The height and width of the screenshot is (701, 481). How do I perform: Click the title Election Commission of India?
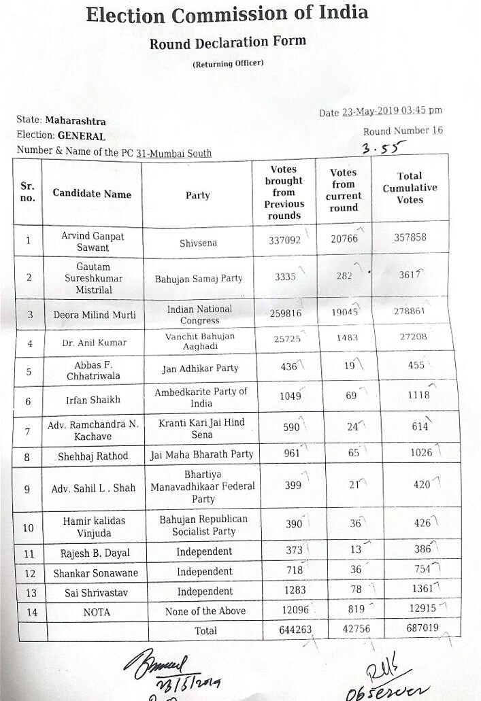pyautogui.click(x=227, y=14)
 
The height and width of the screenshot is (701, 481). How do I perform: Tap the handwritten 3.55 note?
pyautogui.click(x=384, y=147)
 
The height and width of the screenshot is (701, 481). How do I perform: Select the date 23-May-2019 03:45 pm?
pyautogui.click(x=392, y=111)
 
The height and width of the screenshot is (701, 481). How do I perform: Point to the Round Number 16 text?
pyautogui.click(x=403, y=131)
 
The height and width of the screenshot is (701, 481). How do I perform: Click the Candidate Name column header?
pyautogui.click(x=92, y=194)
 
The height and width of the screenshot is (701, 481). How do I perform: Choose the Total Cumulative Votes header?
pyautogui.click(x=410, y=188)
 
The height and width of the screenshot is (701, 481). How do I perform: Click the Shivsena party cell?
pyautogui.click(x=197, y=241)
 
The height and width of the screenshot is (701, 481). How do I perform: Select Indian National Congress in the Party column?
pyautogui.click(x=199, y=314)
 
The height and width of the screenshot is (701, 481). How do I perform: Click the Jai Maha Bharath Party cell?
pyautogui.click(x=201, y=454)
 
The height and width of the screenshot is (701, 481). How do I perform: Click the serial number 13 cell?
pyautogui.click(x=27, y=593)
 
